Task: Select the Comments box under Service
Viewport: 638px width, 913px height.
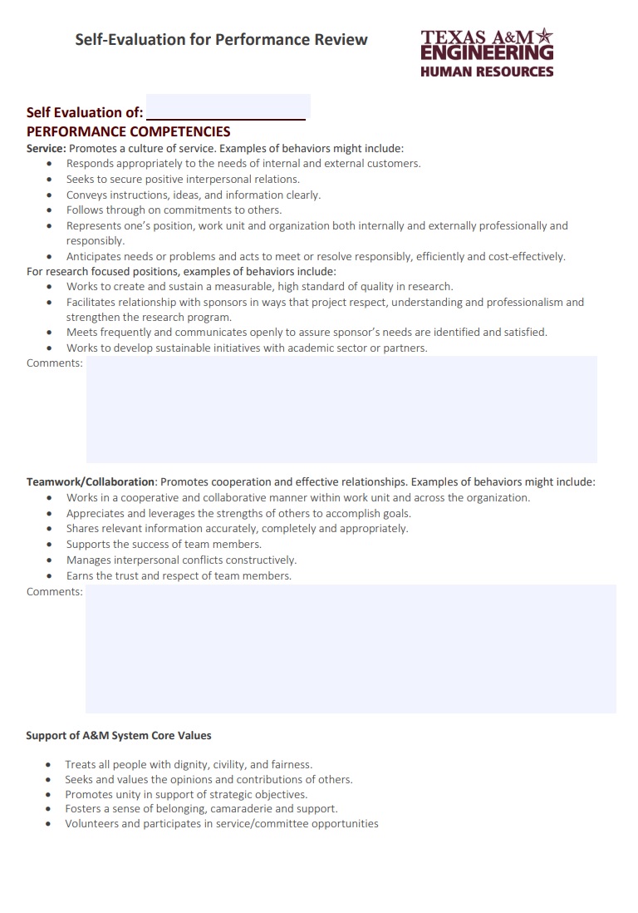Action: click(x=341, y=409)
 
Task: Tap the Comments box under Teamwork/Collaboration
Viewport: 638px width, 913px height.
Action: click(x=351, y=649)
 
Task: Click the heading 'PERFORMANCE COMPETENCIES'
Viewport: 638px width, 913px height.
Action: click(x=129, y=131)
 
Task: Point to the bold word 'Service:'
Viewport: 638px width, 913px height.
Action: click(x=46, y=148)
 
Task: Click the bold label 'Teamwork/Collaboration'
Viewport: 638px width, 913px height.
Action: click(x=91, y=481)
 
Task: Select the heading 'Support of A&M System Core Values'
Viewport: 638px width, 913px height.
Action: click(x=119, y=735)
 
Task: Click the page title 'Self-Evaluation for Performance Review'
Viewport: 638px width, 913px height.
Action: click(x=221, y=39)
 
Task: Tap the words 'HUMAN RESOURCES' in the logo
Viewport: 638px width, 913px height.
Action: click(x=487, y=72)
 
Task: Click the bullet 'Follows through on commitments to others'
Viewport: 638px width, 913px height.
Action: click(x=174, y=210)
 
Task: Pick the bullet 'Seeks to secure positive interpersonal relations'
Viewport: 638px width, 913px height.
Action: click(x=183, y=179)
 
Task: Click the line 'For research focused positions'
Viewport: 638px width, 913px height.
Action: click(x=181, y=271)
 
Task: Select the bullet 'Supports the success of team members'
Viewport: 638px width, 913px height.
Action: click(x=164, y=544)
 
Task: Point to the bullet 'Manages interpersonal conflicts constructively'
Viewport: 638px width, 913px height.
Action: click(x=181, y=560)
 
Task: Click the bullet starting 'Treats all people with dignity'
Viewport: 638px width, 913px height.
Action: click(x=189, y=764)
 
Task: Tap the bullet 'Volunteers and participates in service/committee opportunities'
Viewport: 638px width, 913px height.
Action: click(x=222, y=823)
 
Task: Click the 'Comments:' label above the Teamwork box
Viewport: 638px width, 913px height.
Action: click(x=55, y=591)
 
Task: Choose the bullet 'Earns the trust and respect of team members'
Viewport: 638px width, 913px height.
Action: click(x=179, y=575)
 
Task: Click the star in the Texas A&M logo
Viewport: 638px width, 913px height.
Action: click(x=544, y=35)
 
